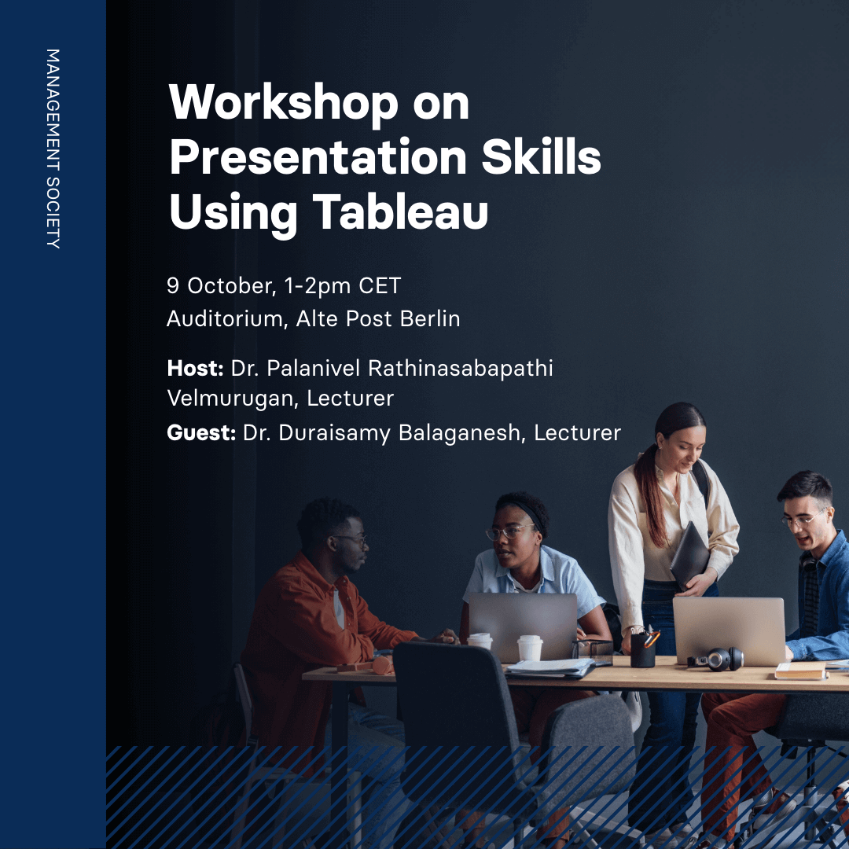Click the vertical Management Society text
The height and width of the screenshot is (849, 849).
[x=53, y=149]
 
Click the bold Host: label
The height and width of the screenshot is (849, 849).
[x=196, y=368]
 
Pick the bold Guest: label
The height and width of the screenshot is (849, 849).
[x=201, y=432]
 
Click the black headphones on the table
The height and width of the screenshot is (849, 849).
[x=717, y=658]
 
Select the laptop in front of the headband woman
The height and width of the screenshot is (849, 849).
[x=522, y=626]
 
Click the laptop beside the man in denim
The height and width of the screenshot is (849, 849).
[x=729, y=629]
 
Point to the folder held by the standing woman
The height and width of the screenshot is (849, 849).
[x=689, y=554]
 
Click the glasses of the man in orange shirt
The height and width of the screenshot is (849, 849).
[x=351, y=540]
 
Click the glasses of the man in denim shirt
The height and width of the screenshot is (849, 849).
[x=803, y=520]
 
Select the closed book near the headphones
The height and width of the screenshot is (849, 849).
[x=799, y=671]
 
